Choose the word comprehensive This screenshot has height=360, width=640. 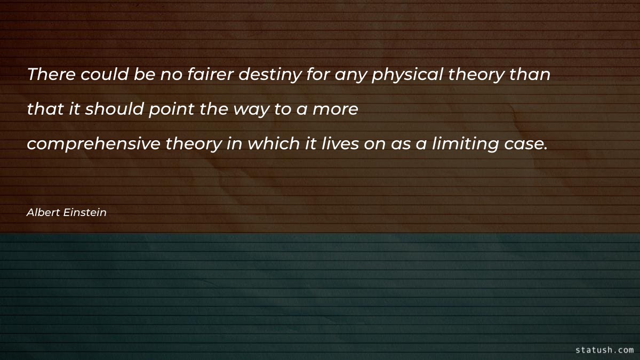click(93, 145)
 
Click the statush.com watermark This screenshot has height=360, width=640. click(605, 350)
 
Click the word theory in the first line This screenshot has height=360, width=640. click(476, 75)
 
